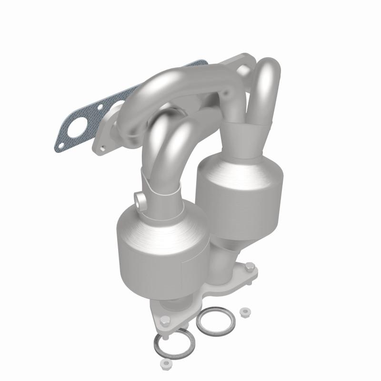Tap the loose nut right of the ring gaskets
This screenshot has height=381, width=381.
[x=246, y=312]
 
